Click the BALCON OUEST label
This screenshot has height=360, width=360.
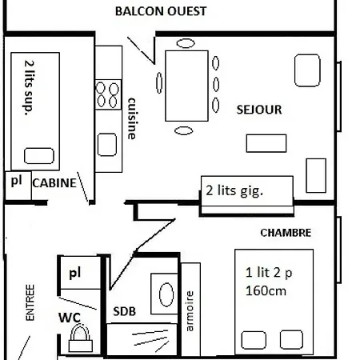coord(161,11)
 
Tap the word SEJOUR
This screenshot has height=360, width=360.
coord(259,110)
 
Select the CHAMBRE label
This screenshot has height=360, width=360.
coord(286,233)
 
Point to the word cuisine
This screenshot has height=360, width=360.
coord(132,118)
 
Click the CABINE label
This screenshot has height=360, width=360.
coord(54,183)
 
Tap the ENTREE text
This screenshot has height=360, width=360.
coord(30,302)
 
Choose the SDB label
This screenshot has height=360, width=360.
coord(125,311)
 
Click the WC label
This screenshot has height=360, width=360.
coord(70,318)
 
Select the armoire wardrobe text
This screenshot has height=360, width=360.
coord(190,311)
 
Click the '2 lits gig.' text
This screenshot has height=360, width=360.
coord(234,191)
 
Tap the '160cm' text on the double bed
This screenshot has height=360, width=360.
coord(266,290)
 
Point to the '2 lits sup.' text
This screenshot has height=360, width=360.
coord(29,88)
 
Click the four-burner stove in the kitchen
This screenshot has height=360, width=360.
coord(108,94)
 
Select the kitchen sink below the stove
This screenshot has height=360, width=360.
coord(107,145)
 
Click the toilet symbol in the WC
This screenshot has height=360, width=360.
coord(81,338)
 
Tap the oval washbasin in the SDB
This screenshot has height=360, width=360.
coord(166,294)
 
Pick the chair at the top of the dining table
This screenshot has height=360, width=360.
coord(186,43)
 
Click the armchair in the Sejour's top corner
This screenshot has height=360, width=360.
coord(307,70)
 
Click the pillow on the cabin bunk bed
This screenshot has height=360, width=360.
coord(39,156)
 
